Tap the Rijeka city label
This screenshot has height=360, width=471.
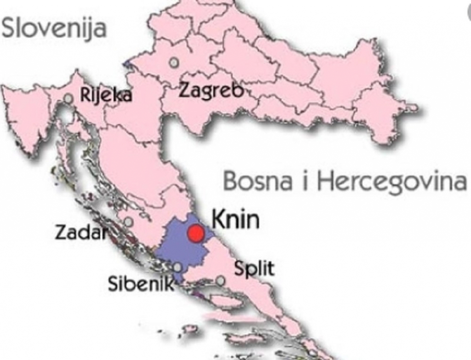[x=106, y=95]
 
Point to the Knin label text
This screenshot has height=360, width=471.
[x=235, y=220]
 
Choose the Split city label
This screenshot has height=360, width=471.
[x=254, y=268]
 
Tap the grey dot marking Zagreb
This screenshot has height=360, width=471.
[x=174, y=62]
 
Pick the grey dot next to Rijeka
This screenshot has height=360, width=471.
[x=69, y=98]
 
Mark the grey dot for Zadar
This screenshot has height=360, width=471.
[x=129, y=222]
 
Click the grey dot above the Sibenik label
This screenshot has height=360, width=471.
[x=178, y=267]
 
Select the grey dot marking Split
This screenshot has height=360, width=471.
[x=221, y=280]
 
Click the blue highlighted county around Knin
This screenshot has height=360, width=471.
[x=179, y=248]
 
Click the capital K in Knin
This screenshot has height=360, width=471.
[x=217, y=220]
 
